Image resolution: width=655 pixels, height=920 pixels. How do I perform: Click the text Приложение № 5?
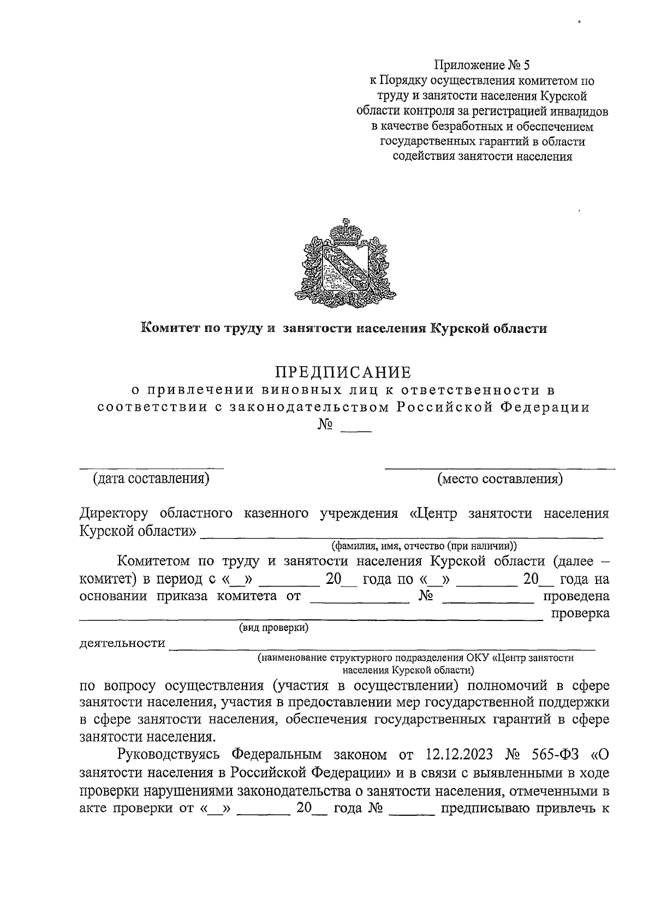point(481,65)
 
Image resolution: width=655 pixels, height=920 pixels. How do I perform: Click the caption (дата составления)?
point(151,479)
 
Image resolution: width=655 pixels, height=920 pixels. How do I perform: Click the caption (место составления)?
point(500,479)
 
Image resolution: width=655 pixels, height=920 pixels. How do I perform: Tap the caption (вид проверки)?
point(273,628)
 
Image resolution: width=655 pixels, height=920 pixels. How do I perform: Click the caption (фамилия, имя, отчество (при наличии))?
point(424,545)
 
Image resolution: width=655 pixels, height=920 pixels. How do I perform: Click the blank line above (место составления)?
point(500,468)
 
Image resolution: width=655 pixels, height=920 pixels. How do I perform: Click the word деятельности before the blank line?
point(122,643)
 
